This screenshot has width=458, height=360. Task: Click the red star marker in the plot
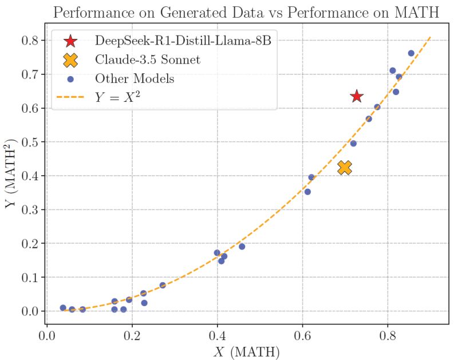357,96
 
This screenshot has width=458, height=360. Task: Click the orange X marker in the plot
344,167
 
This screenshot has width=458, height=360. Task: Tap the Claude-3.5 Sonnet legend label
148,60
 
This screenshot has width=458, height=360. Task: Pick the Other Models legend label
135,78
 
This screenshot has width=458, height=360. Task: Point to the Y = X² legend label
118,97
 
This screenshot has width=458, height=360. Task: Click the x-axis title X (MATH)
247,352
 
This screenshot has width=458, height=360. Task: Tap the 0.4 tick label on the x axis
217,334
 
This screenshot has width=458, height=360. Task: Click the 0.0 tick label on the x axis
46,334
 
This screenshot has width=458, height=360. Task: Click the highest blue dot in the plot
411,53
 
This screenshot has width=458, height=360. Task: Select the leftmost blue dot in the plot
63,308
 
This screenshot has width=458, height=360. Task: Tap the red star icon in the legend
70,41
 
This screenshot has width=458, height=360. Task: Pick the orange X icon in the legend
70,60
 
